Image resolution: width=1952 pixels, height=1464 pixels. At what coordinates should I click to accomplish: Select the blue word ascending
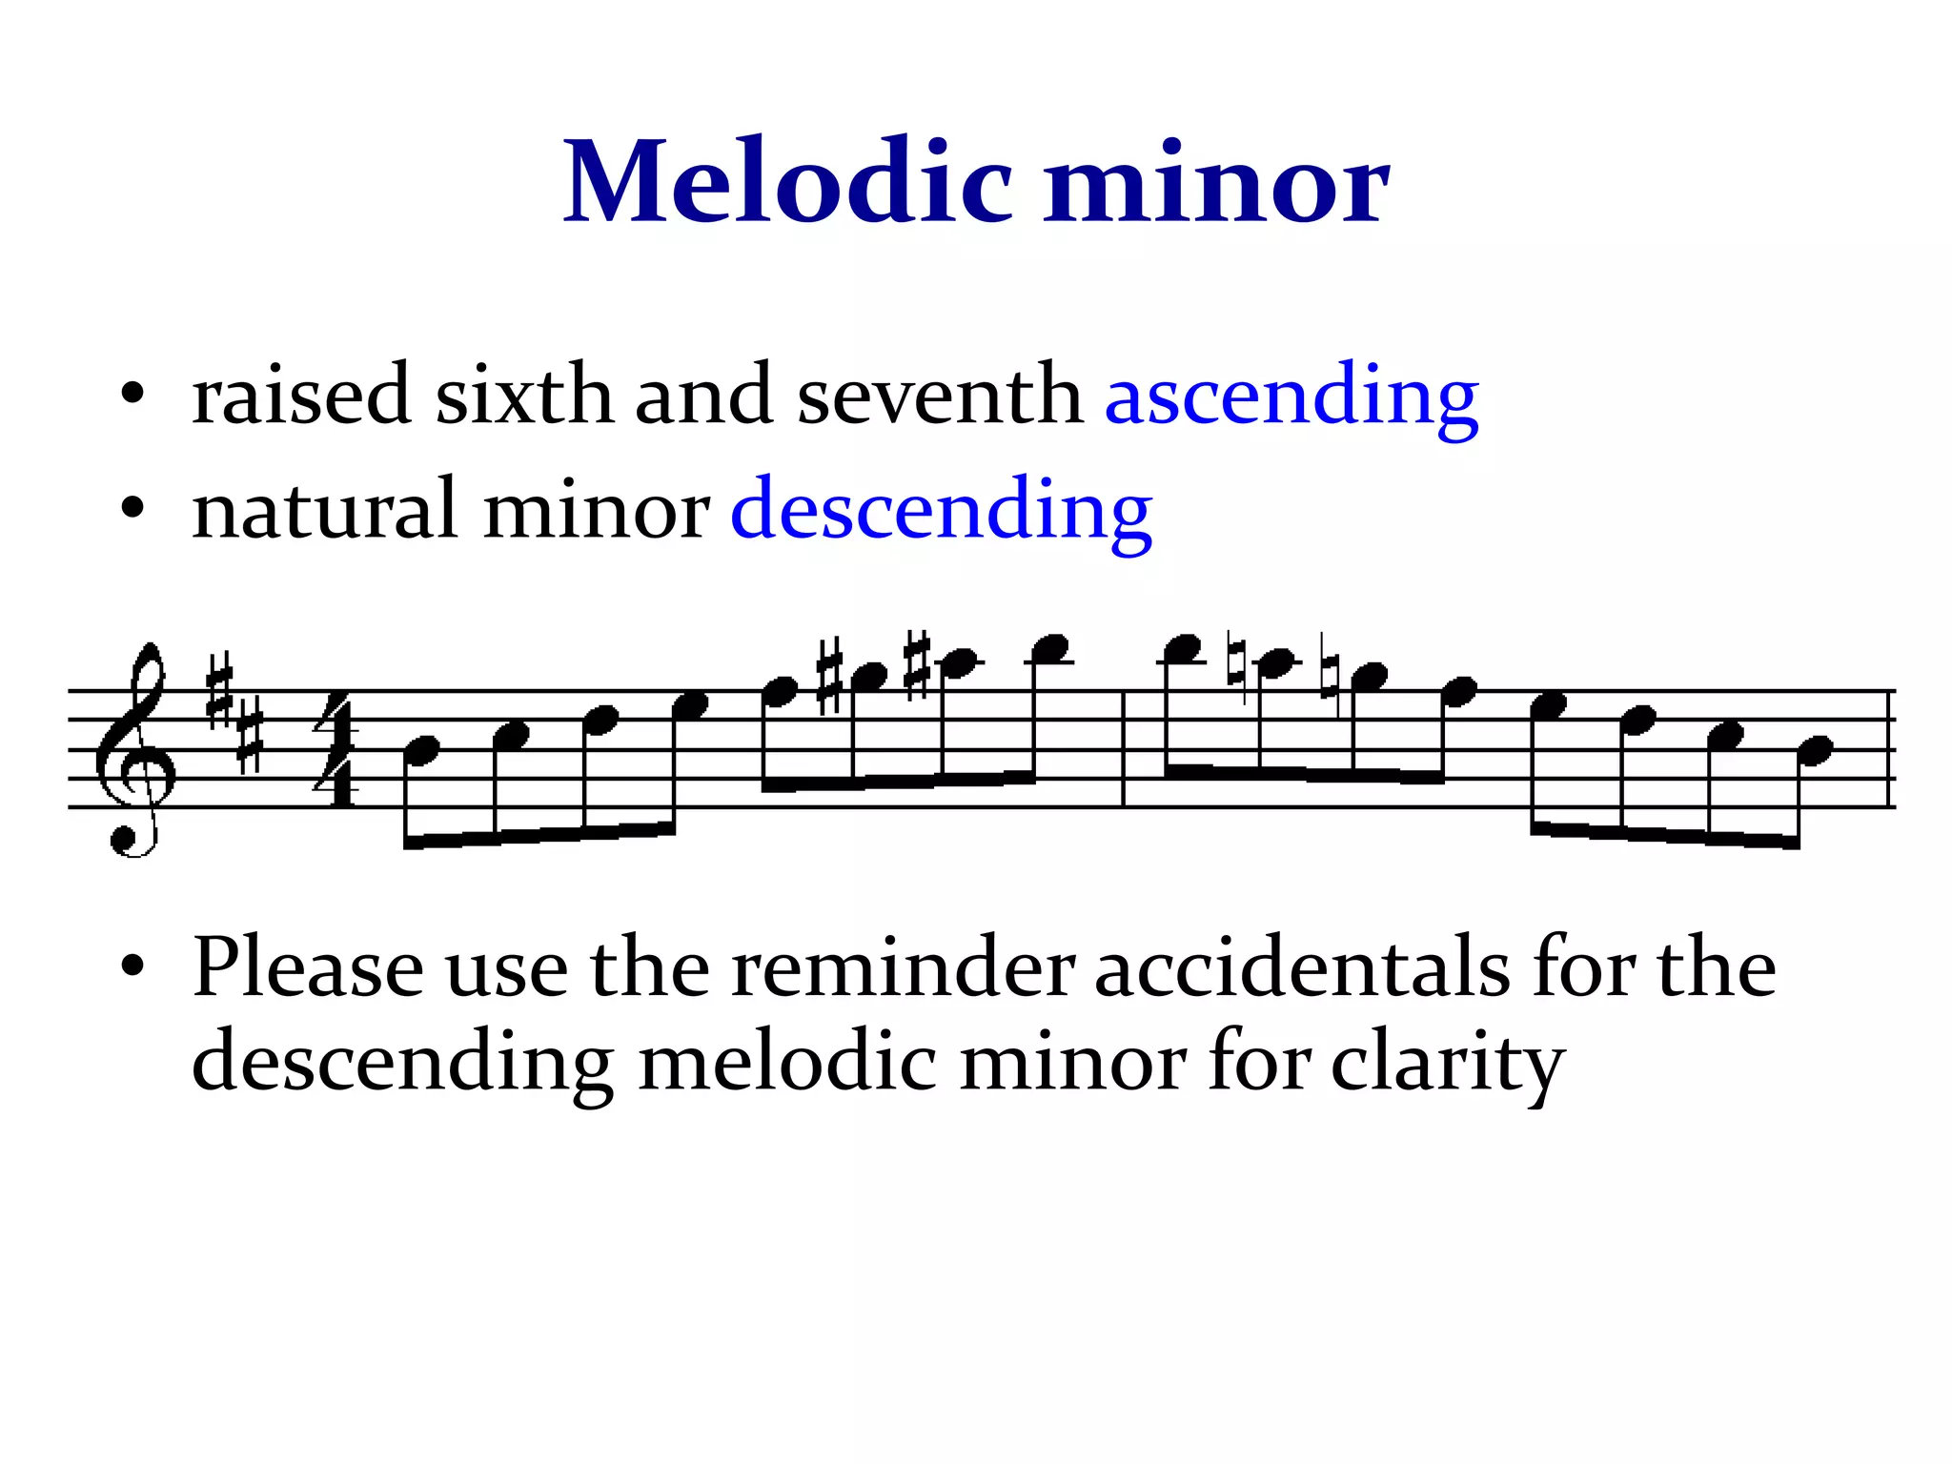click(x=1291, y=396)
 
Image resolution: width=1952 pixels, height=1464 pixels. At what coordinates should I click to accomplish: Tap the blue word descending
click(x=941, y=511)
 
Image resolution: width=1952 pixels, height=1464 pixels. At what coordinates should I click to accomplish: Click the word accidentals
click(x=1302, y=968)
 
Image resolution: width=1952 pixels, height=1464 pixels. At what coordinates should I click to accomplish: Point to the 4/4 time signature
click(x=336, y=750)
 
